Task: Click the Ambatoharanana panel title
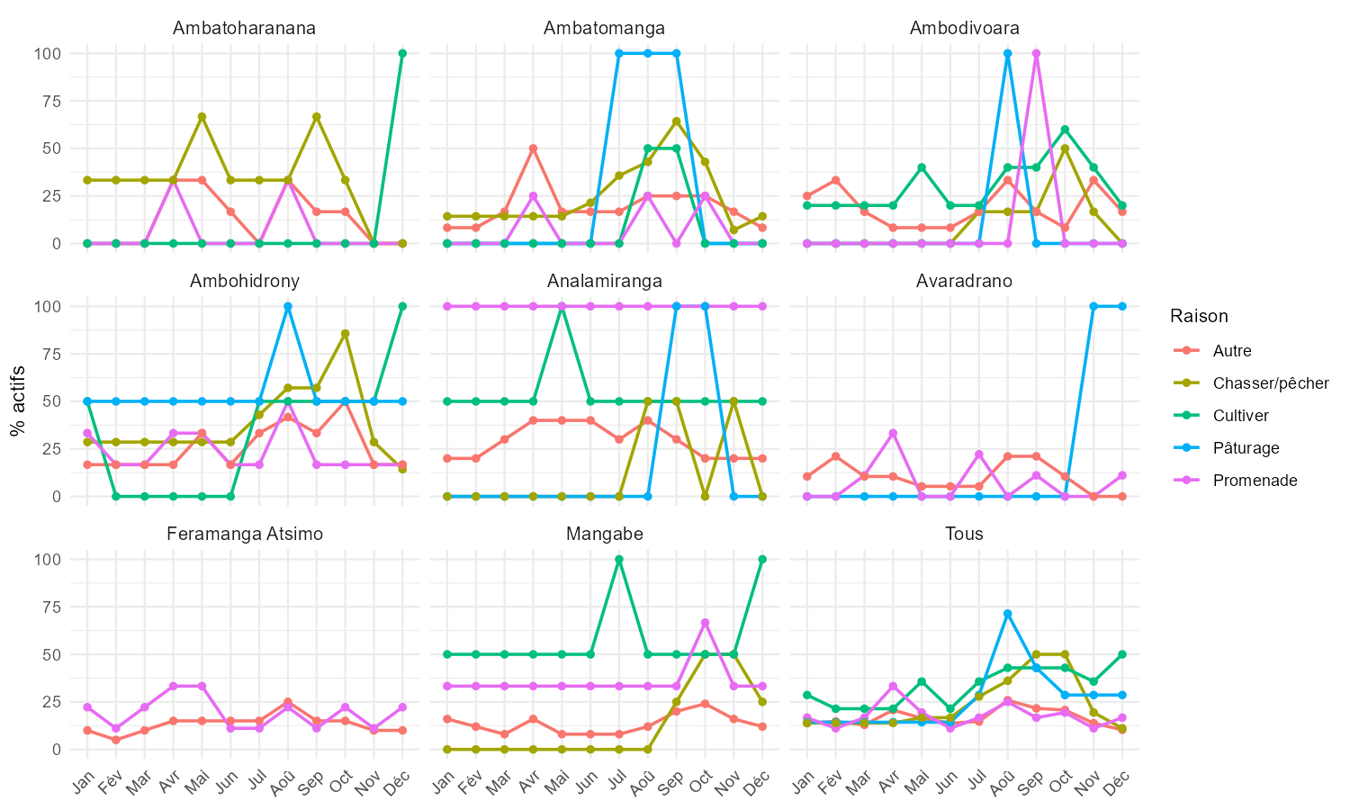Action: point(244,28)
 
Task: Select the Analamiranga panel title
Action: point(604,281)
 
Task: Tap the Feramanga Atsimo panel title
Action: point(244,534)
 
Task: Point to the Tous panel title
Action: point(964,534)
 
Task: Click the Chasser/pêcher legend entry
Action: point(1270,383)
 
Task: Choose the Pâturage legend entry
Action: point(1246,448)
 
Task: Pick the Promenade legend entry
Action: point(1255,481)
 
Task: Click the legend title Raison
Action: point(1199,316)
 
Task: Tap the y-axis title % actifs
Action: point(18,401)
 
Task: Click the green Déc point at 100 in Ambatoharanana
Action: point(402,53)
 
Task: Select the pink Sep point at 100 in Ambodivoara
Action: point(1036,53)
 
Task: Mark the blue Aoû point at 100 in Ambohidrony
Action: point(288,306)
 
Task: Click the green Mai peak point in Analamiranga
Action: point(562,306)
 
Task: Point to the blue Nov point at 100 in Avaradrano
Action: point(1093,306)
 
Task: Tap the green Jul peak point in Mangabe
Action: point(619,559)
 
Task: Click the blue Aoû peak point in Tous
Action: point(1007,614)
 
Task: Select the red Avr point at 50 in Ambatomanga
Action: point(533,148)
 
